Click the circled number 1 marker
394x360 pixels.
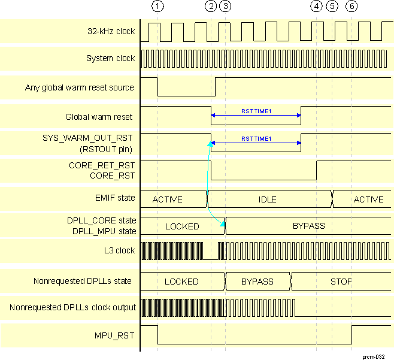tap(157, 7)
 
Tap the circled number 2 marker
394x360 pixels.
tap(211, 7)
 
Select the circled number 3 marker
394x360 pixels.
tap(225, 7)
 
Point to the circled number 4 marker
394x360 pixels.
tap(317, 7)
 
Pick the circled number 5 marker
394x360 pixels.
tap(332, 7)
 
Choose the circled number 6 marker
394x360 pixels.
tap(352, 7)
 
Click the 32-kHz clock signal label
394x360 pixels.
tap(111, 31)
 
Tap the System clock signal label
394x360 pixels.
tap(111, 59)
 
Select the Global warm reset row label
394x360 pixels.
tap(99, 117)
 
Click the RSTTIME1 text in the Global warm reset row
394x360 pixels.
tap(256, 111)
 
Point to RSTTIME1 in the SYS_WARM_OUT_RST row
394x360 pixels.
tap(256, 139)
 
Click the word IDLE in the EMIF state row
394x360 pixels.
tap(267, 199)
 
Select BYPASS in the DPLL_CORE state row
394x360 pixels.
tap(308, 226)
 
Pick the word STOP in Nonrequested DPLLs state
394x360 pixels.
tap(341, 282)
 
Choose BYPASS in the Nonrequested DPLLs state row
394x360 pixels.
tap(257, 282)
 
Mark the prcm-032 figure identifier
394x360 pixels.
tap(373, 356)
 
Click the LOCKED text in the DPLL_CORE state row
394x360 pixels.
tap(182, 226)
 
